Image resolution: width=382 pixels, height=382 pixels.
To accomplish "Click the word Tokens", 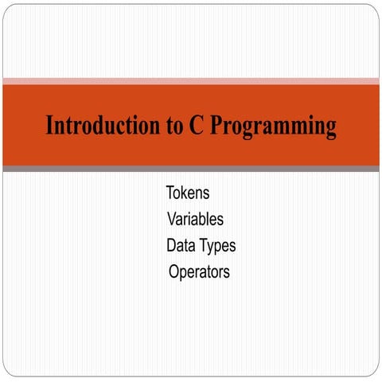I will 188,193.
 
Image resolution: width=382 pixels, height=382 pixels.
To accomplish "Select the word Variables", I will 195,219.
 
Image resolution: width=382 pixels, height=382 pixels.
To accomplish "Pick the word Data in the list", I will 181,245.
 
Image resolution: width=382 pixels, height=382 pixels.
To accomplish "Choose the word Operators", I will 199,272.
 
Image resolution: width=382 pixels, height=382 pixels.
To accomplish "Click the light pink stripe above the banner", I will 191,80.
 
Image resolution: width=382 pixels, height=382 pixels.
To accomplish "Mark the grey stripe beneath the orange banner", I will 191,169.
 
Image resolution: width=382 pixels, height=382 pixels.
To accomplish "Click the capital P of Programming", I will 217,126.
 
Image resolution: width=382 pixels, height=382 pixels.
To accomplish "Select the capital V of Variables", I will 172,219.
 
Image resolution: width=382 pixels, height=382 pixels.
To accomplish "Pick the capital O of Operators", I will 174,272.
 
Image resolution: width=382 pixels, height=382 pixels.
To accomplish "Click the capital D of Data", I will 172,245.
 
